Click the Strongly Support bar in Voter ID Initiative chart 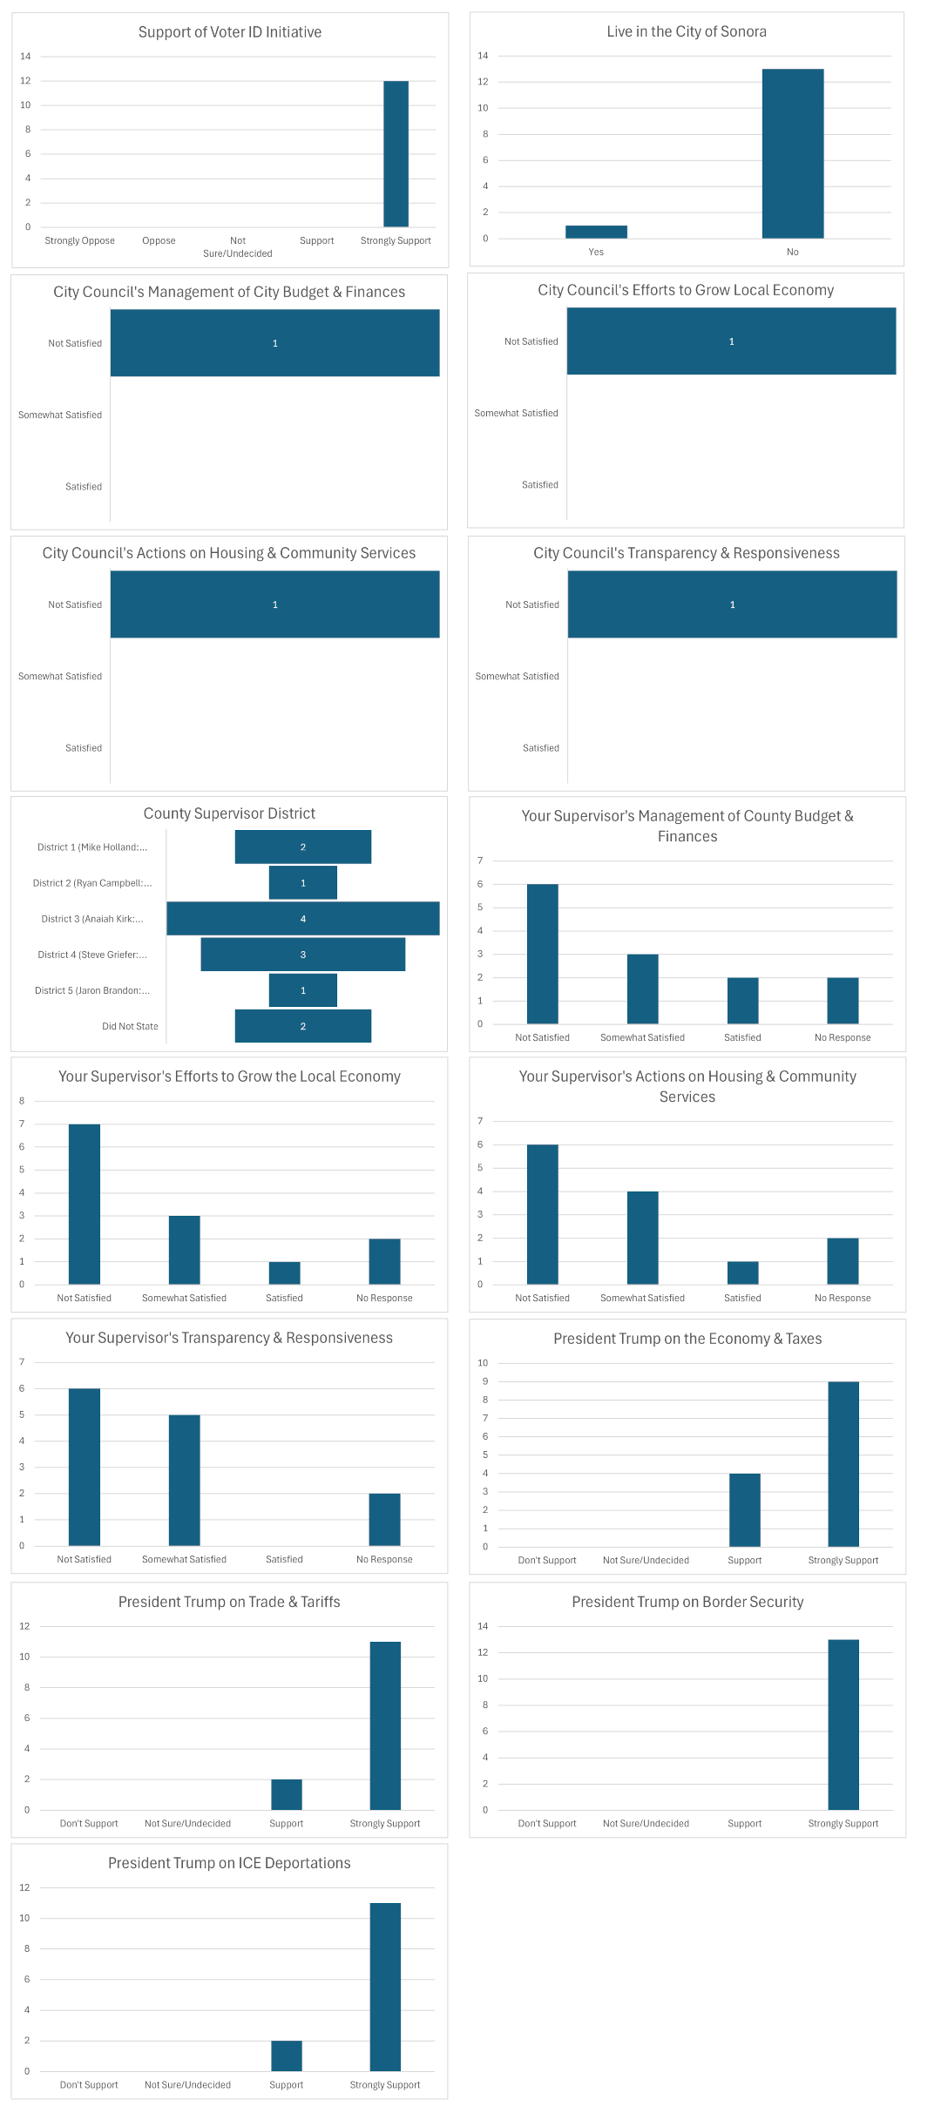(x=396, y=154)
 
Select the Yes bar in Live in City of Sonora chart (x=596, y=232)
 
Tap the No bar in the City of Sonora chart (x=792, y=153)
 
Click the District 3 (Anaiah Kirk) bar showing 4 (x=302, y=919)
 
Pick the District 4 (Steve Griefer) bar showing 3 (x=302, y=955)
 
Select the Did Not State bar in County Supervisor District (x=302, y=1026)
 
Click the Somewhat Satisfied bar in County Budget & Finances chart (x=642, y=989)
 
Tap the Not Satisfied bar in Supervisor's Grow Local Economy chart (x=85, y=1205)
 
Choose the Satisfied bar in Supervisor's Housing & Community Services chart (x=742, y=1273)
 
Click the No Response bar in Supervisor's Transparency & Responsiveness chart (x=384, y=1520)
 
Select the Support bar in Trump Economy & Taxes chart (x=744, y=1510)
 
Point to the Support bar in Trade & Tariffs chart (x=286, y=1794)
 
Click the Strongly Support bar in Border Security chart (x=843, y=1725)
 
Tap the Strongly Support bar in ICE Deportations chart (x=384, y=1987)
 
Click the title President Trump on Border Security (x=687, y=1602)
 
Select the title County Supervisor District (x=229, y=813)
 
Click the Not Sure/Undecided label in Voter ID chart (x=238, y=246)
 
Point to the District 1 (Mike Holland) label (x=92, y=847)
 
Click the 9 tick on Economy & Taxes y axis (x=485, y=1382)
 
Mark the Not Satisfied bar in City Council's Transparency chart (x=732, y=604)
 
